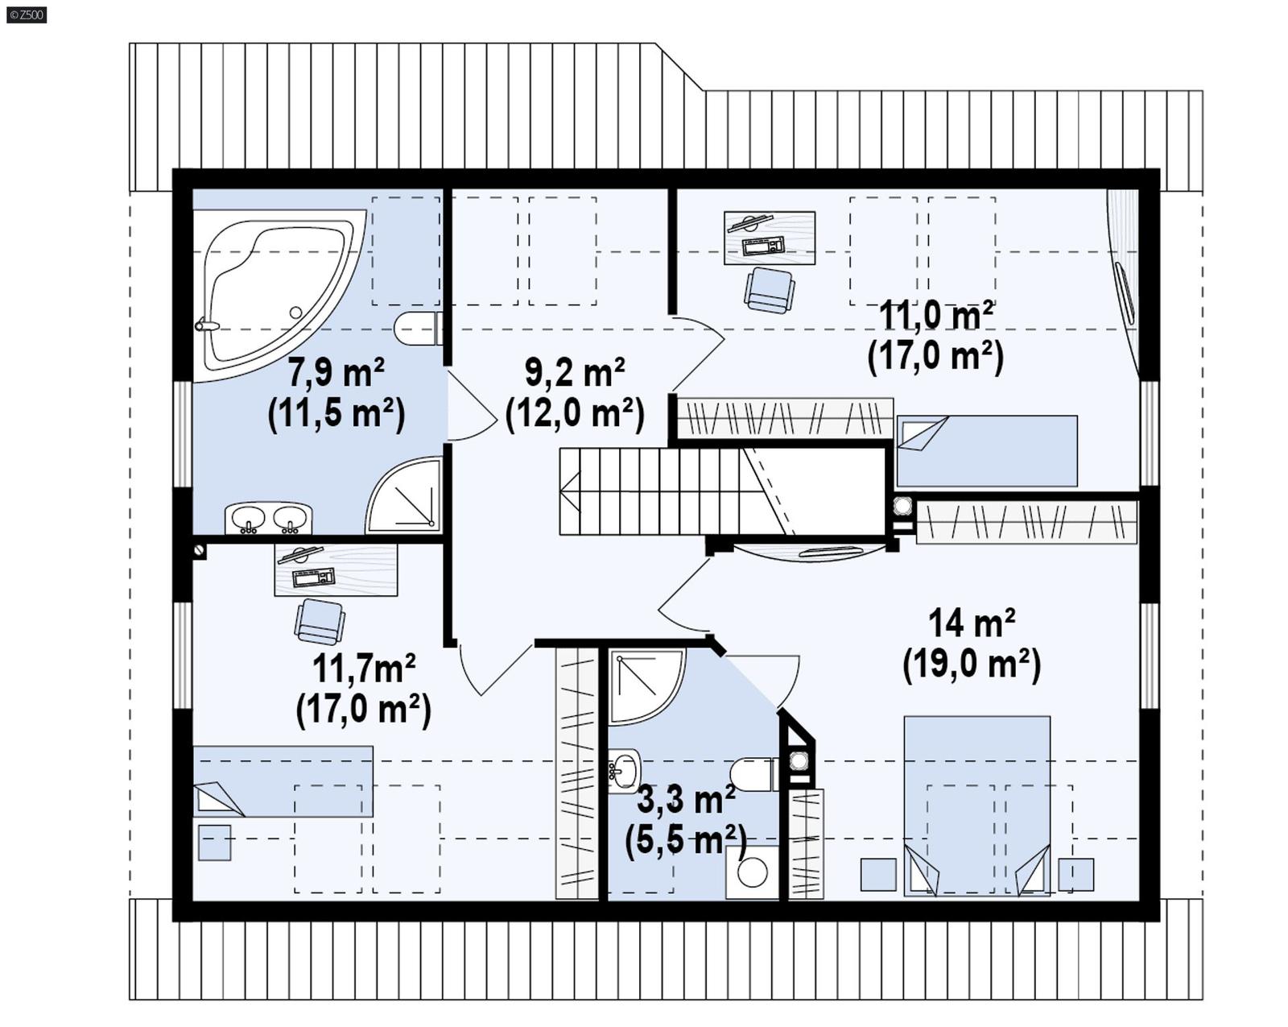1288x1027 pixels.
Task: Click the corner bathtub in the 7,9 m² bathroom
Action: (266, 290)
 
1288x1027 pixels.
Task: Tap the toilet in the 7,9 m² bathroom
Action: (416, 329)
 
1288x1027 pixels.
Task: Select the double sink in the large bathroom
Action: (268, 518)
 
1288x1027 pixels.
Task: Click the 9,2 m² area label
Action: (575, 373)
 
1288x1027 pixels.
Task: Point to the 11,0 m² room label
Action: (935, 315)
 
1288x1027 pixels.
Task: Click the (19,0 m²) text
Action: (971, 665)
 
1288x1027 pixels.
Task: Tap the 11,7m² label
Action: (363, 669)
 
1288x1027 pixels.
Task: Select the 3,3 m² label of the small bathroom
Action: (686, 800)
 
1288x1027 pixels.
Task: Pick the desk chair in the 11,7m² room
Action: (320, 621)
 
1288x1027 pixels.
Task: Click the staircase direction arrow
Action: (571, 492)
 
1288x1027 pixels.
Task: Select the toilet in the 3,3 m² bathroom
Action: (753, 774)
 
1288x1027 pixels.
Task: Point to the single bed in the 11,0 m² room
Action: (987, 451)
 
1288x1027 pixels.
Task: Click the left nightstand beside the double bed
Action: (878, 875)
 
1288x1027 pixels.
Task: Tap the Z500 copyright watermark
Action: (26, 14)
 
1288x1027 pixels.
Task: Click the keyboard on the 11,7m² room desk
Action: (314, 577)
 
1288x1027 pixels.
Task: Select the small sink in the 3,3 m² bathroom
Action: (624, 770)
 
